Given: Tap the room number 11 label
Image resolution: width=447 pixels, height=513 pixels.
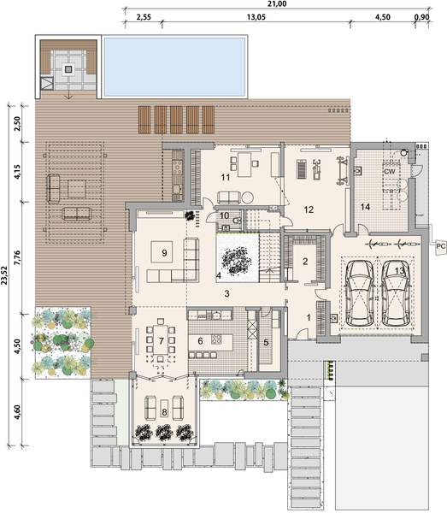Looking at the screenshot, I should pyautogui.click(x=226, y=178).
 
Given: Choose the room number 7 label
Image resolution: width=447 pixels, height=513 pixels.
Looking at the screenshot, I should pyautogui.click(x=160, y=341).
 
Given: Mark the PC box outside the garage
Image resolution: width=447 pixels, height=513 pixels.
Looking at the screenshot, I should pyautogui.click(x=440, y=246).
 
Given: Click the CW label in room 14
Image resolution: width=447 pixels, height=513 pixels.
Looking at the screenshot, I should pyautogui.click(x=389, y=172).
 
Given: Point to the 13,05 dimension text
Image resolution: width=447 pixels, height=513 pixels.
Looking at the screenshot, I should pyautogui.click(x=255, y=16).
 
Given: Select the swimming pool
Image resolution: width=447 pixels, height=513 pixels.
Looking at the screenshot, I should pyautogui.click(x=174, y=65).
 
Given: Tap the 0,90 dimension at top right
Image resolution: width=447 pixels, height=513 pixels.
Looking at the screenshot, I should pyautogui.click(x=421, y=16).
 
